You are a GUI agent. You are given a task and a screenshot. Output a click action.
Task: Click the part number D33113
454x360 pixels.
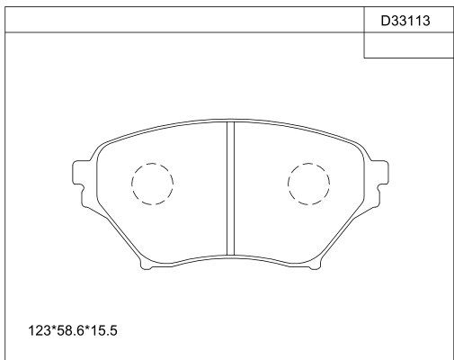coord(405,21)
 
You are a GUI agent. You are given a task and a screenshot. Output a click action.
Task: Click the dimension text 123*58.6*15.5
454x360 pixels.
coord(73,330)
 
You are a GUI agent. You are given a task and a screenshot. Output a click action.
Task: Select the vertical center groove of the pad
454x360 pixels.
coord(230,188)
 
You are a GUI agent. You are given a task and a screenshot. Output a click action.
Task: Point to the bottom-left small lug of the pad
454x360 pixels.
coord(146,265)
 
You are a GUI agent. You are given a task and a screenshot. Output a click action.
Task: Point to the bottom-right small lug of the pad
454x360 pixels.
coord(315,265)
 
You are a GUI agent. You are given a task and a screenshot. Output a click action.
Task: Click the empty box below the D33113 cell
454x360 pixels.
coord(409,45)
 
